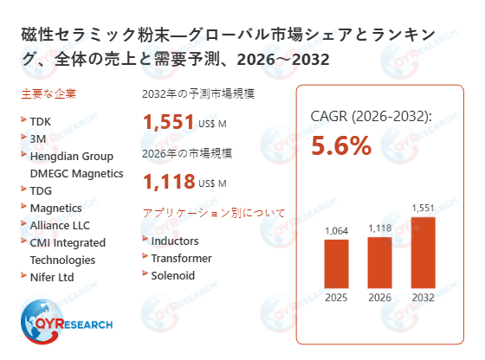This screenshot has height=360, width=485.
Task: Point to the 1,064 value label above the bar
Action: click(x=336, y=231)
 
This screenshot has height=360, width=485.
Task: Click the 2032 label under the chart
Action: click(x=424, y=299)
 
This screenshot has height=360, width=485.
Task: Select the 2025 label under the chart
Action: click(x=336, y=299)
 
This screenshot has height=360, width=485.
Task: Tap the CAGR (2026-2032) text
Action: click(x=371, y=116)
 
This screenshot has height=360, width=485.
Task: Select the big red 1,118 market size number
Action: click(x=169, y=182)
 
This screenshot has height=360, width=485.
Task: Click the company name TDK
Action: click(x=41, y=122)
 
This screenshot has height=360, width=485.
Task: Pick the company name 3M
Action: click(x=37, y=138)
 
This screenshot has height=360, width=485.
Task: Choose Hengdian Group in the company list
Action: click(x=71, y=156)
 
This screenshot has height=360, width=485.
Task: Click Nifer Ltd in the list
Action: click(x=52, y=277)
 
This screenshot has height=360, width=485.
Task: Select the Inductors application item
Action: click(x=174, y=241)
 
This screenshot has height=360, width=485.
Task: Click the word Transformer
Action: click(x=181, y=258)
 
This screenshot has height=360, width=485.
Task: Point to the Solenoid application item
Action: click(x=172, y=275)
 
